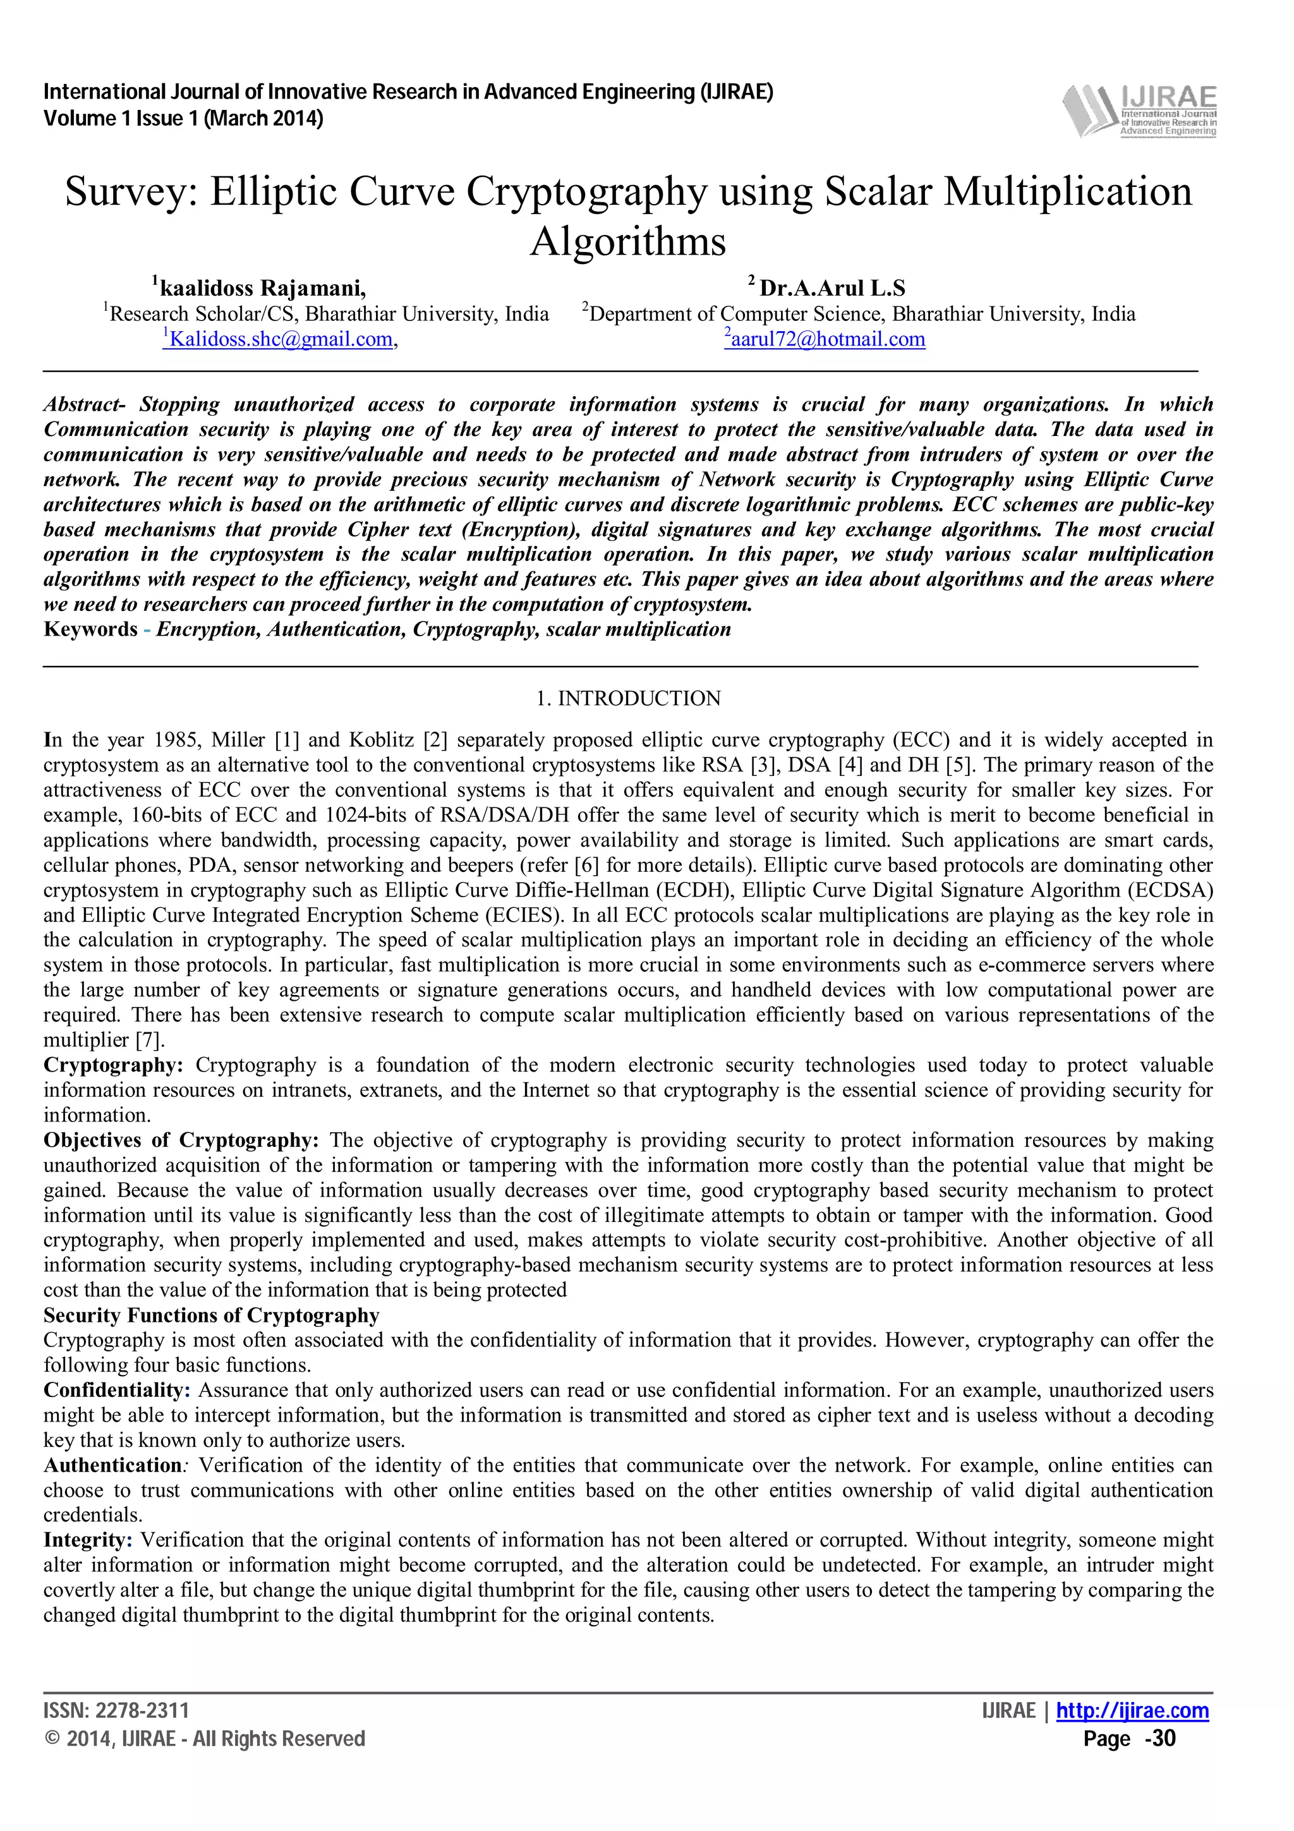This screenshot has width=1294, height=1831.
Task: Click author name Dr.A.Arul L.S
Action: click(831, 288)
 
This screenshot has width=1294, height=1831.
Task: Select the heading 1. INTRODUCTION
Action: click(628, 699)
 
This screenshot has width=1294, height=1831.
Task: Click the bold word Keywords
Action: click(90, 629)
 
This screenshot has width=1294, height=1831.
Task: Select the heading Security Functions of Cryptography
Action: click(211, 1315)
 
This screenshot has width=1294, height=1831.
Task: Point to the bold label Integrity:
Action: click(88, 1540)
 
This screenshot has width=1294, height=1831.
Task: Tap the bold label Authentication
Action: click(112, 1465)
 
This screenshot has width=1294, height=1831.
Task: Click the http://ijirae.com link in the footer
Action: click(1132, 1710)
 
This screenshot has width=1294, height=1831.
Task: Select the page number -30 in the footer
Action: click(1160, 1739)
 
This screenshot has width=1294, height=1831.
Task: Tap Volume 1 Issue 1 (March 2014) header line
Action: click(183, 119)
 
